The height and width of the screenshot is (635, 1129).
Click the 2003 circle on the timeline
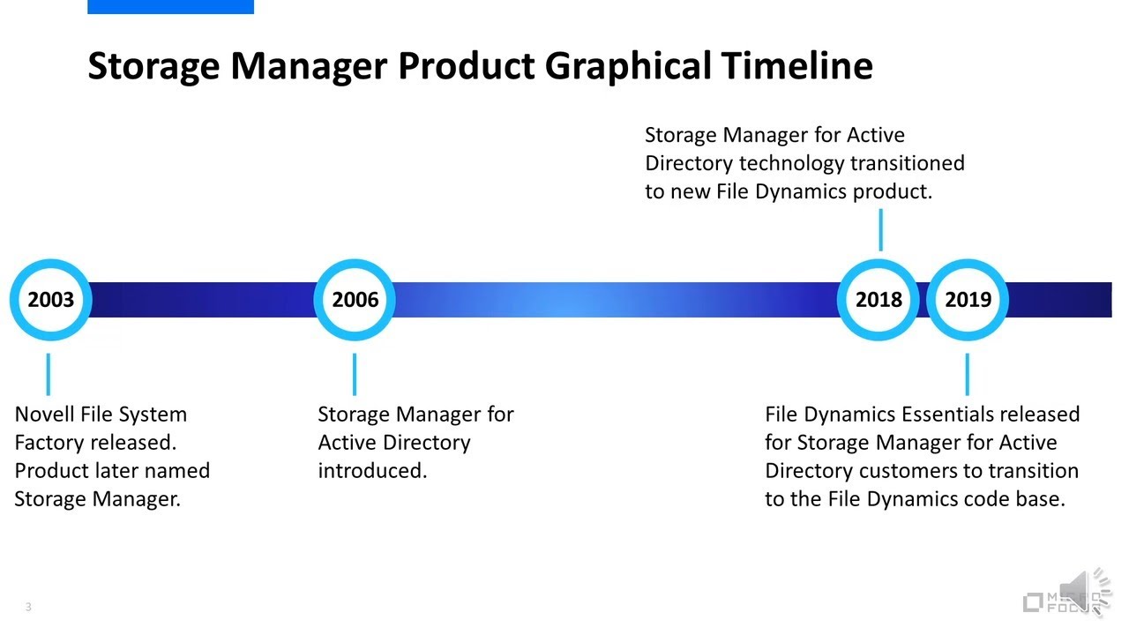pos(50,300)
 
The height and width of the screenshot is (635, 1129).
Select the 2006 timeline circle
pos(355,300)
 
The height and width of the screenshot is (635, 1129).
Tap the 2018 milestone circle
pos(879,300)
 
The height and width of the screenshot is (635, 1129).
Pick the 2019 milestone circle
pos(968,300)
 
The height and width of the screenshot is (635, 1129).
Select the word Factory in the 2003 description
pos(49,442)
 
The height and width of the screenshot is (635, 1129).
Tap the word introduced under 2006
pos(371,470)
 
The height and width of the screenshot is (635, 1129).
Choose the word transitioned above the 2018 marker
pos(907,163)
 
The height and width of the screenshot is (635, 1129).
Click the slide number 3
pos(28,607)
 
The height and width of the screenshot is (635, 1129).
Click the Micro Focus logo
pos(1054,603)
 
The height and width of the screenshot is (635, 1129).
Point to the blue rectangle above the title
pos(170,6)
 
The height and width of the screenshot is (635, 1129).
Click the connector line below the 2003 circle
pos(48,374)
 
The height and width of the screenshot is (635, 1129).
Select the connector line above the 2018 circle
pos(879,230)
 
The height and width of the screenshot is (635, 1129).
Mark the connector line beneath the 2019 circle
pos(967,374)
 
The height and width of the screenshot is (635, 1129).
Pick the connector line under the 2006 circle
pos(354,374)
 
